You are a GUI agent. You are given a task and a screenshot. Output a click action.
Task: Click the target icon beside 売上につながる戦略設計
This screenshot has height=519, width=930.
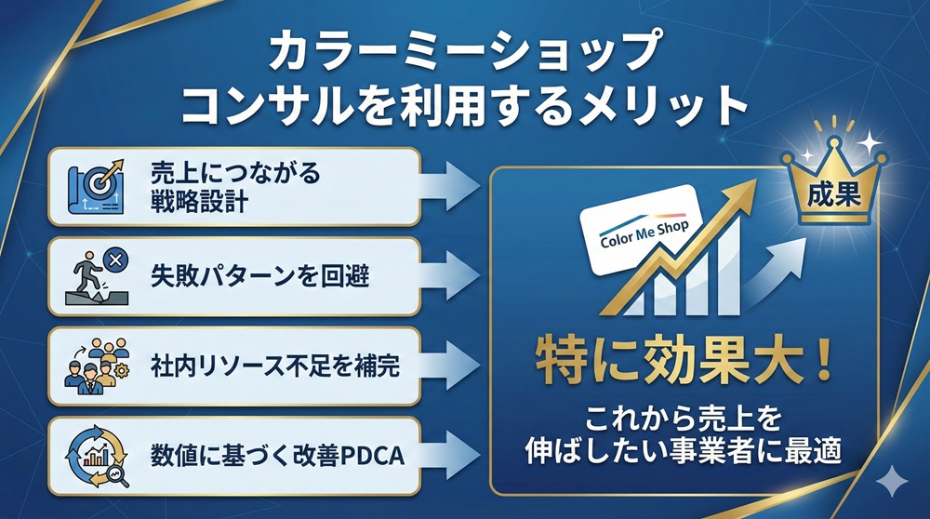click(100, 186)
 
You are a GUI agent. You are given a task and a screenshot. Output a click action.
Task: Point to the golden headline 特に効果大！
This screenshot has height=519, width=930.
click(682, 358)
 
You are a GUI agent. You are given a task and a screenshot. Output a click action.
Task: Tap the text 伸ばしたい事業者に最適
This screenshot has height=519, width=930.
click(682, 452)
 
